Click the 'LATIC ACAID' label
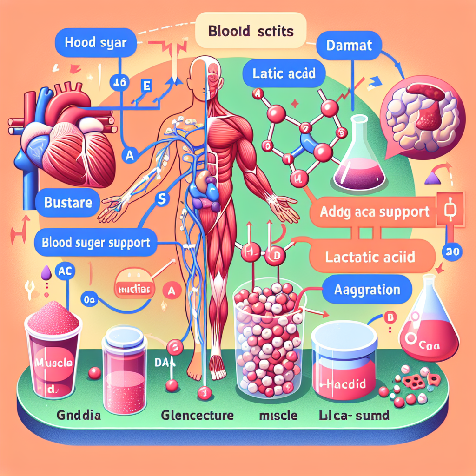click(x=284, y=73)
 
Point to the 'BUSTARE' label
click(x=68, y=203)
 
